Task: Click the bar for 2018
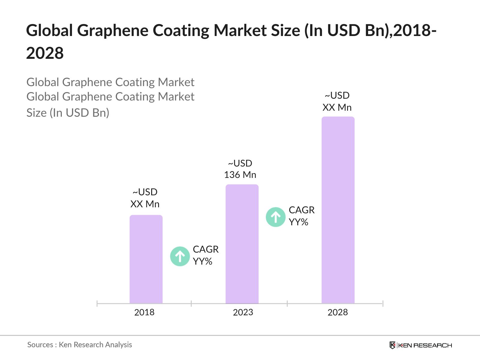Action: click(x=146, y=259)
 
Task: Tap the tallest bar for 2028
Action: click(x=338, y=210)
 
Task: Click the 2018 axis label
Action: click(x=144, y=312)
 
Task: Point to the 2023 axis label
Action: click(x=243, y=312)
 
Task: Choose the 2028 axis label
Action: click(x=338, y=312)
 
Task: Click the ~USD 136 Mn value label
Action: click(x=240, y=169)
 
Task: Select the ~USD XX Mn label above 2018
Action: click(x=145, y=198)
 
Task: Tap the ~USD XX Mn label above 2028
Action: click(x=337, y=101)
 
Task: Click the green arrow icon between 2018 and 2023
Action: click(x=180, y=256)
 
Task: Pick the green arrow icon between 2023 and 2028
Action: click(x=276, y=217)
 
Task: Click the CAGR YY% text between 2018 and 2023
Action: click(x=205, y=255)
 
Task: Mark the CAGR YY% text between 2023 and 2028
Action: click(x=301, y=216)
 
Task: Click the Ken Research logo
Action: click(x=421, y=345)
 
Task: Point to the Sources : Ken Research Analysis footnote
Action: click(x=80, y=345)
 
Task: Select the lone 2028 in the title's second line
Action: click(x=45, y=53)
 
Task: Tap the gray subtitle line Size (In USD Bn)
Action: click(x=68, y=113)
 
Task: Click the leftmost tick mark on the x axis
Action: click(x=97, y=304)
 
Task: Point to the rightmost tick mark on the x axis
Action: click(x=383, y=304)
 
